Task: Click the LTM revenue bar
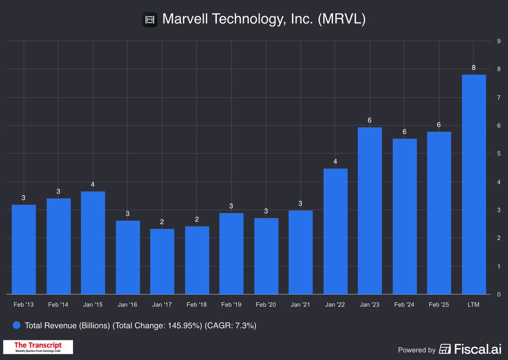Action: coord(474,184)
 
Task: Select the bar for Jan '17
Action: coord(162,261)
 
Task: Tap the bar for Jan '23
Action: coord(370,211)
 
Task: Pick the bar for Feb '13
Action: coord(24,250)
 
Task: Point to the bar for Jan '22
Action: coord(335,231)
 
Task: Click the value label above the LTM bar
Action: coord(474,68)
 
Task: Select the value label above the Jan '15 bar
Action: coord(93,184)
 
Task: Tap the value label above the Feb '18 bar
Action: coord(197,220)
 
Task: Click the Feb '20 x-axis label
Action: coord(266,305)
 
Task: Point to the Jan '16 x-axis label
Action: coord(127,305)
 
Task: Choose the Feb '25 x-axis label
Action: coord(439,305)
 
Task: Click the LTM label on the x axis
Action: coord(474,305)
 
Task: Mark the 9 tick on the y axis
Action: coord(499,41)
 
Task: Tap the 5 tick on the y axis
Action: coord(499,154)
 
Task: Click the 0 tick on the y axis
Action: coord(499,294)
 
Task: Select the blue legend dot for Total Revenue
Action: coord(17,326)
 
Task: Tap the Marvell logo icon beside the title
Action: coord(149,20)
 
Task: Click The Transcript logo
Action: coord(38,347)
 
